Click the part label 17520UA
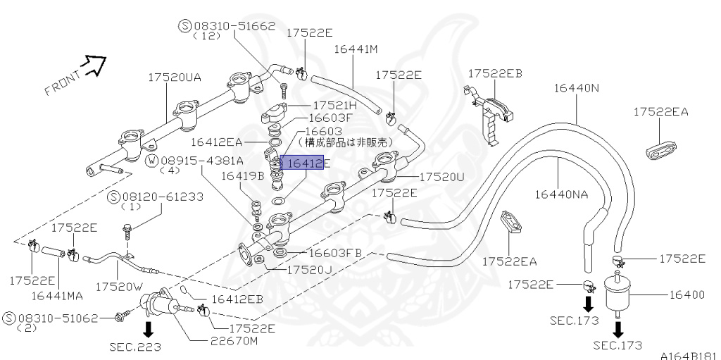(x=174, y=77)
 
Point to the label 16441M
(x=356, y=49)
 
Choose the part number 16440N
(x=576, y=88)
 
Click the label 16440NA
(x=561, y=194)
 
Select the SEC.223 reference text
(x=135, y=347)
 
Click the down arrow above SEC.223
(x=149, y=328)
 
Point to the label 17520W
(x=119, y=287)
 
